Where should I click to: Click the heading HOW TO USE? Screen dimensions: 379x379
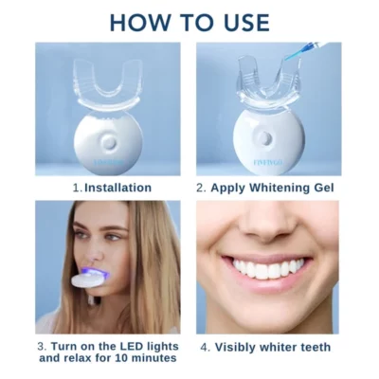coord(189,21)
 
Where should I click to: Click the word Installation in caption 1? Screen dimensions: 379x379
coord(117,188)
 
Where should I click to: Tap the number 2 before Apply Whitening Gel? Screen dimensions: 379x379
coord(201,188)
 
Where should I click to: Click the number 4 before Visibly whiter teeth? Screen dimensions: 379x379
coord(206,347)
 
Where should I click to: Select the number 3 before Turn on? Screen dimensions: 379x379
coord(43,346)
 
